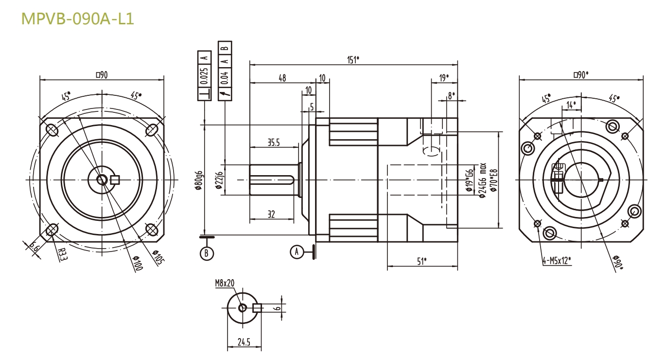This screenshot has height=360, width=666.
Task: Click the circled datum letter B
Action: [207, 253]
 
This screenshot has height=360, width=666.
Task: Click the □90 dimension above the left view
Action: [101, 74]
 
